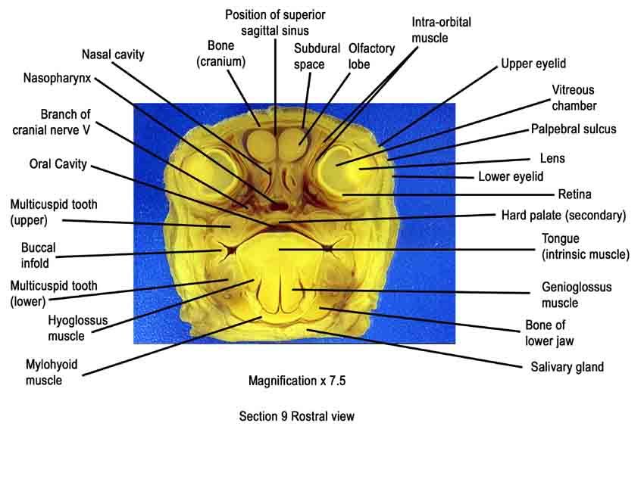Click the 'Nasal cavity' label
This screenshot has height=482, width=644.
(x=113, y=54)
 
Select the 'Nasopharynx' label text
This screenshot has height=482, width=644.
(x=57, y=78)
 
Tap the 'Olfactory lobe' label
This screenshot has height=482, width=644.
(x=371, y=56)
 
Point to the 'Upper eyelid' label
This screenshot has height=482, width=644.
(x=533, y=64)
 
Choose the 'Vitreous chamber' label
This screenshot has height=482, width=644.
(x=574, y=98)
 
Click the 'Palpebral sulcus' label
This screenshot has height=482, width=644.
(x=574, y=129)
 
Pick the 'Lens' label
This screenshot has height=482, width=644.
(x=552, y=158)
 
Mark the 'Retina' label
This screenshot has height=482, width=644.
(x=574, y=194)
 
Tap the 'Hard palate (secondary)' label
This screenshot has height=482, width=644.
(x=564, y=216)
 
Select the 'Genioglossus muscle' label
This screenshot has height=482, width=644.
(x=577, y=295)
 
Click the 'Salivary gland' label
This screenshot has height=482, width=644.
(x=567, y=367)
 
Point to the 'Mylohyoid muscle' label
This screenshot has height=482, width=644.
(x=52, y=372)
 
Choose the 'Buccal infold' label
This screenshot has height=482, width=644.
(x=38, y=255)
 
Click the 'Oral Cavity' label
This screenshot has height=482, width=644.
(x=58, y=164)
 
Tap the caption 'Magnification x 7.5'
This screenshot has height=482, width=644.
(x=297, y=381)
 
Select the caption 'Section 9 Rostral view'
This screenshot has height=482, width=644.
(x=296, y=416)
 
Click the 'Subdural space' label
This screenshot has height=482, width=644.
(x=317, y=57)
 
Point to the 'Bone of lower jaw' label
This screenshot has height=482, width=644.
(x=549, y=333)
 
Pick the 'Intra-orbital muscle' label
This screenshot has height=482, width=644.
(x=441, y=30)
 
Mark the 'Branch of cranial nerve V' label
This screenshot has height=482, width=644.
(x=52, y=122)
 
